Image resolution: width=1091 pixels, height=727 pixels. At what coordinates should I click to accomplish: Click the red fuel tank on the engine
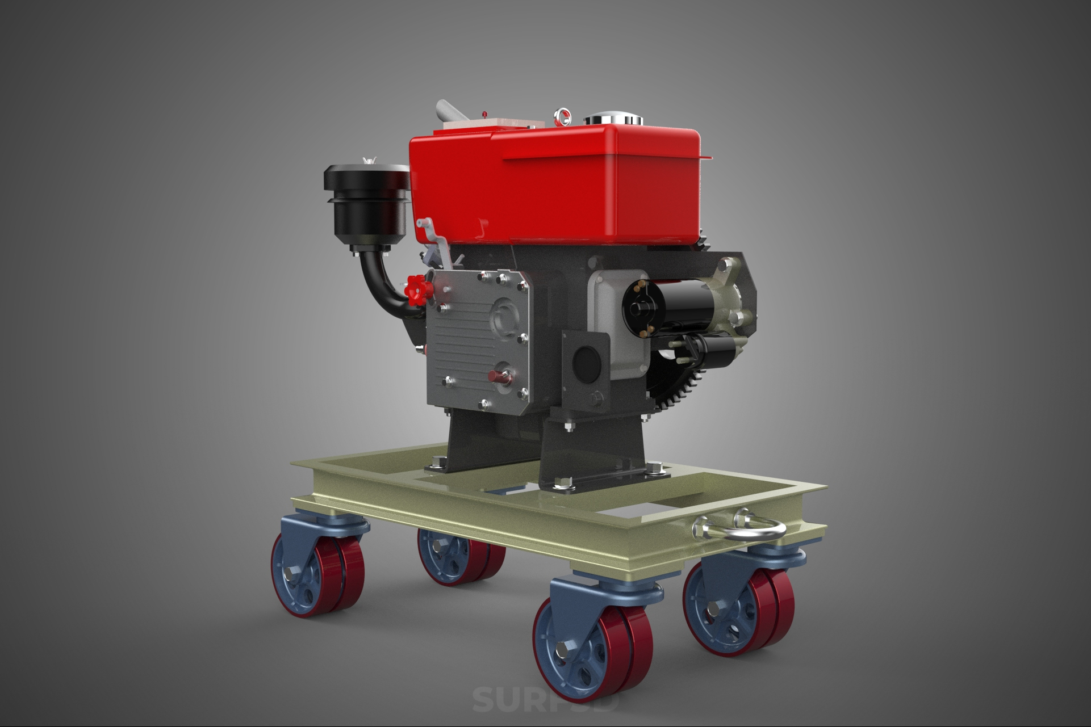(x=557, y=182)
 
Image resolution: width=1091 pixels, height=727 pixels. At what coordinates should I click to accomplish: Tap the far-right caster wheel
(x=738, y=610)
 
